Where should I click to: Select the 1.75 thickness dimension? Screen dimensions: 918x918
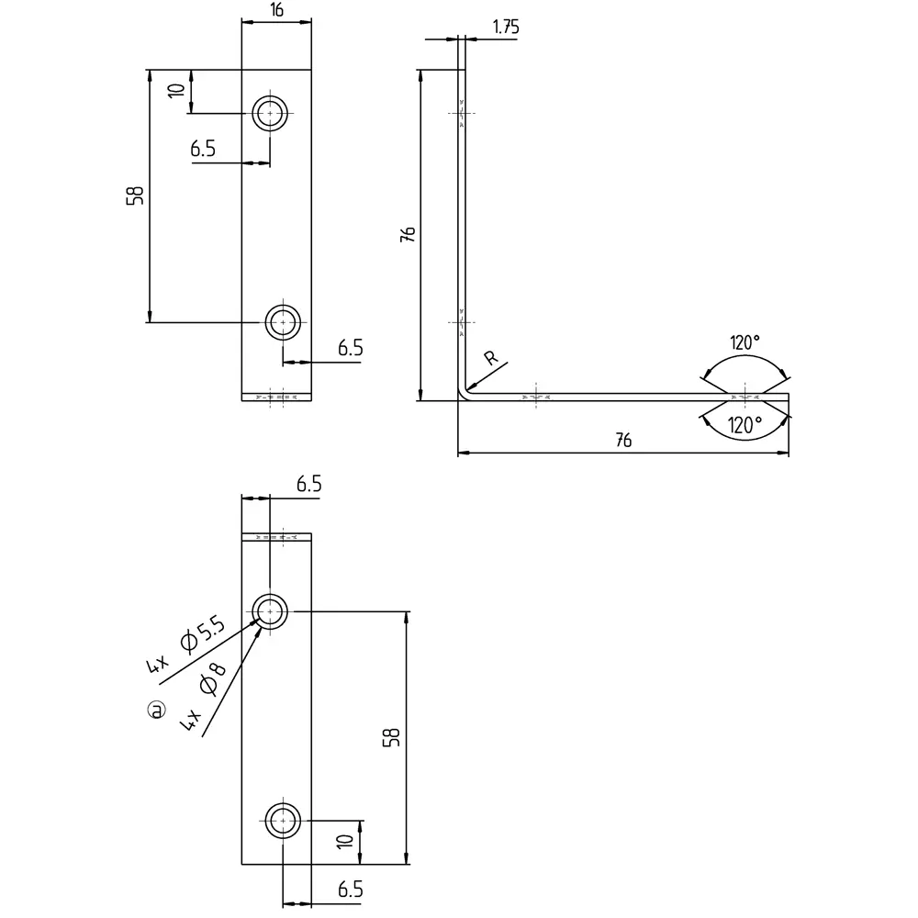[x=505, y=27]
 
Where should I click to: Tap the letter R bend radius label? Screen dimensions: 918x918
[x=491, y=359]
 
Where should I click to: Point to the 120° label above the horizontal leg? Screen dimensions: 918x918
[x=744, y=343]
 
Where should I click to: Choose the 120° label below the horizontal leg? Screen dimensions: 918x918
[x=744, y=425]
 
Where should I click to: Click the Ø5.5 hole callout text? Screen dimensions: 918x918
[x=203, y=634]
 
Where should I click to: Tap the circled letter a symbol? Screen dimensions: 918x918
[x=158, y=710]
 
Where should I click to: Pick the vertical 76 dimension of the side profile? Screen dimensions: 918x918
[x=409, y=234]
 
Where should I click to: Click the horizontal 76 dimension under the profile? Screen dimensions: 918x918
[x=622, y=442]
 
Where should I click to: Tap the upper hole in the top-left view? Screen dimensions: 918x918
[x=271, y=114]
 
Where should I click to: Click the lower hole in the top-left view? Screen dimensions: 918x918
[x=284, y=322]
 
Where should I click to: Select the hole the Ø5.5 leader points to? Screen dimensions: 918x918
[x=271, y=610]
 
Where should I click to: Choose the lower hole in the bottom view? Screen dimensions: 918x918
[x=284, y=820]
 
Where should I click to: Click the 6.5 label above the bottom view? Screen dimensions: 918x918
[x=308, y=485]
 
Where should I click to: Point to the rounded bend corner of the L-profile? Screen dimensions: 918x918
[x=465, y=393]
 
